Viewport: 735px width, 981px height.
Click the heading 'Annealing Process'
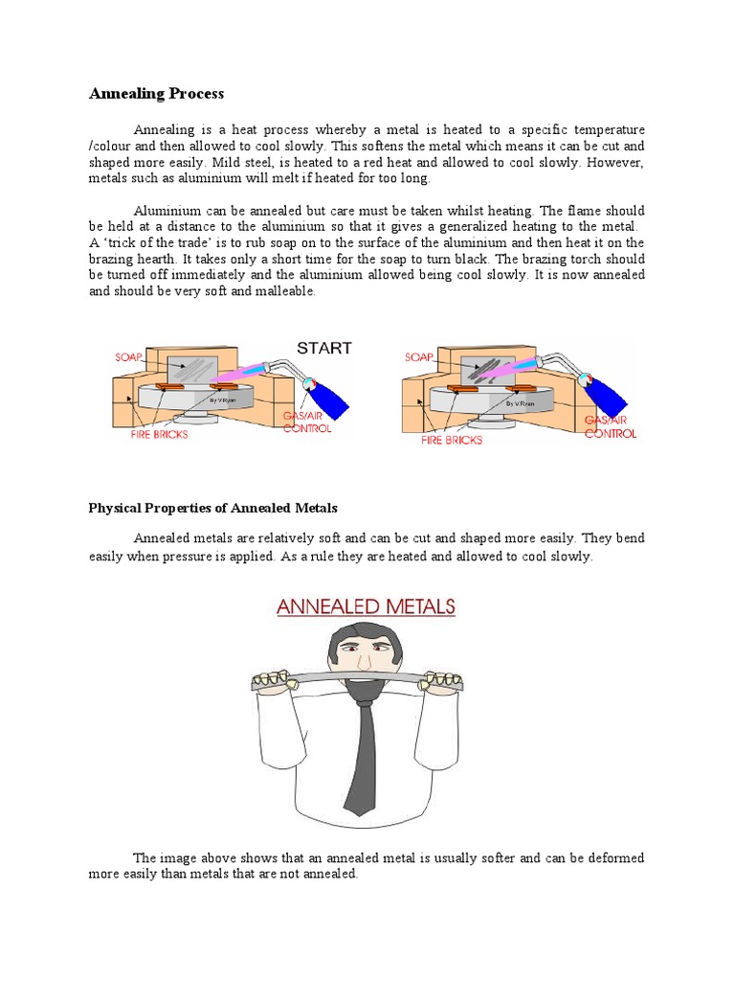pos(156,94)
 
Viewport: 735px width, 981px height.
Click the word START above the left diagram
pos(323,348)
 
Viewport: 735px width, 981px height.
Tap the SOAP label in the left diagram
pos(128,356)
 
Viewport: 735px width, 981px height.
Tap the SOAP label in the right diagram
pos(419,356)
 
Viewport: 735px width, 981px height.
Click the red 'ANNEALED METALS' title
pos(367,606)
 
